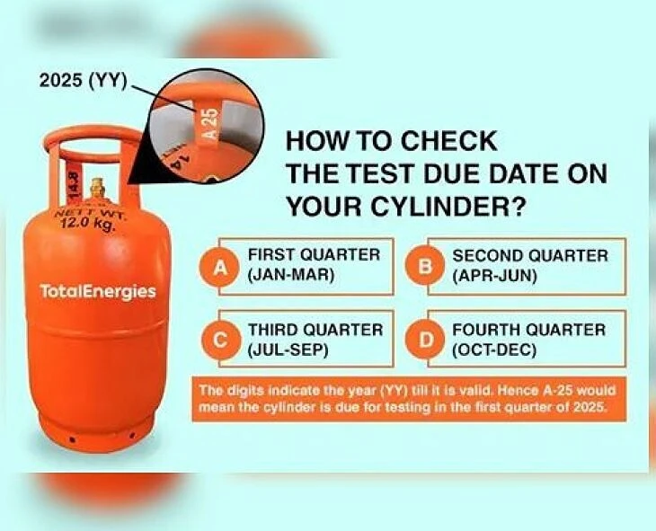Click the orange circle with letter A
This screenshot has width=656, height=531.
point(219,267)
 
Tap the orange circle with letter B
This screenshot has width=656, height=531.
point(425,267)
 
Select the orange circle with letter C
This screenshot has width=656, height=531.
point(219,340)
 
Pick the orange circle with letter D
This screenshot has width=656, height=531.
point(425,340)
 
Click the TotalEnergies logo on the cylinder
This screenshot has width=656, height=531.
point(98,291)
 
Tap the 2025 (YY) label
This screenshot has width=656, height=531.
point(83,80)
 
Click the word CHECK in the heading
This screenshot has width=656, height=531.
point(449,140)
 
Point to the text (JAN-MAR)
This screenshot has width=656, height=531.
point(291,276)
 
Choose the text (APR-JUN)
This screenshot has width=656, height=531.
point(494,276)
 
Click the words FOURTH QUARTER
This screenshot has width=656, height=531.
point(528,330)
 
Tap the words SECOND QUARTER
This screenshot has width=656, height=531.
point(529,256)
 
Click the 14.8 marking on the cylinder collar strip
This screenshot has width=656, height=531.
point(74,180)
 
